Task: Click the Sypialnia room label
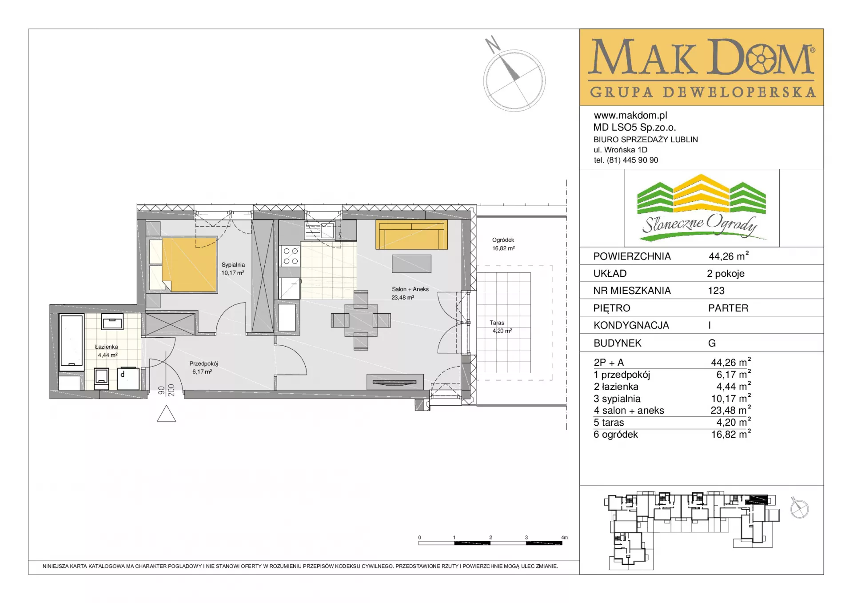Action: coord(233,265)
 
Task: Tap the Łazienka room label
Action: coord(106,347)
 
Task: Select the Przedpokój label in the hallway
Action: coord(203,363)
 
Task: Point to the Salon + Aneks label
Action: coord(410,289)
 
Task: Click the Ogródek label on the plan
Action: coord(503,240)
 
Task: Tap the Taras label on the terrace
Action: coord(497,323)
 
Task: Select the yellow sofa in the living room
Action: coord(411,235)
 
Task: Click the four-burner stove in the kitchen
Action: coord(291,256)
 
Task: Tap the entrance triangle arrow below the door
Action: coord(167,414)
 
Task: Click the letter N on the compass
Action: coord(492,45)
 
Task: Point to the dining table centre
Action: coord(361,320)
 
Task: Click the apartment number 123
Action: coord(716,291)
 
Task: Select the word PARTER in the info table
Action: coord(728,308)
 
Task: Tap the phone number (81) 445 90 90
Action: coord(633,160)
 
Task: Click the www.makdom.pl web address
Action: coord(630,116)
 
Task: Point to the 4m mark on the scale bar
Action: coord(564,538)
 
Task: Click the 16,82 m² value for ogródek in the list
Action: coord(731,434)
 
